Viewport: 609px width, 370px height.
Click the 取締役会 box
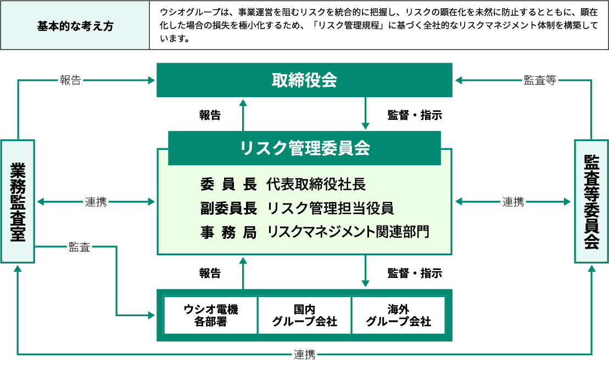[304, 80]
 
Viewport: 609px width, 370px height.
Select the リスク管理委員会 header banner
[304, 148]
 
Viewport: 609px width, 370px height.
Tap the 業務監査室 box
[18, 201]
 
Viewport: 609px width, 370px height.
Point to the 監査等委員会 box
[591, 201]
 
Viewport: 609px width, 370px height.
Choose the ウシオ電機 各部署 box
[211, 316]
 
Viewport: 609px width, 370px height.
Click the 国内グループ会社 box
[304, 316]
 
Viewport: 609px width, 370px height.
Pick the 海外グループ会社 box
[398, 316]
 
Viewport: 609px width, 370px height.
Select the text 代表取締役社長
[316, 184]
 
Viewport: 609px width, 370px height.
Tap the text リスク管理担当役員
[331, 209]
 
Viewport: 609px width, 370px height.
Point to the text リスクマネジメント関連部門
[348, 233]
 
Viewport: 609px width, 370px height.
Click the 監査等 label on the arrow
[540, 80]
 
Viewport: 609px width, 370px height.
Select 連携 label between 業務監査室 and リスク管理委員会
[96, 202]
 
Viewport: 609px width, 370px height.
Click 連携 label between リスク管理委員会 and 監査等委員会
[513, 202]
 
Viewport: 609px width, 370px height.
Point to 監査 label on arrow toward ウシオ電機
[79, 247]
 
